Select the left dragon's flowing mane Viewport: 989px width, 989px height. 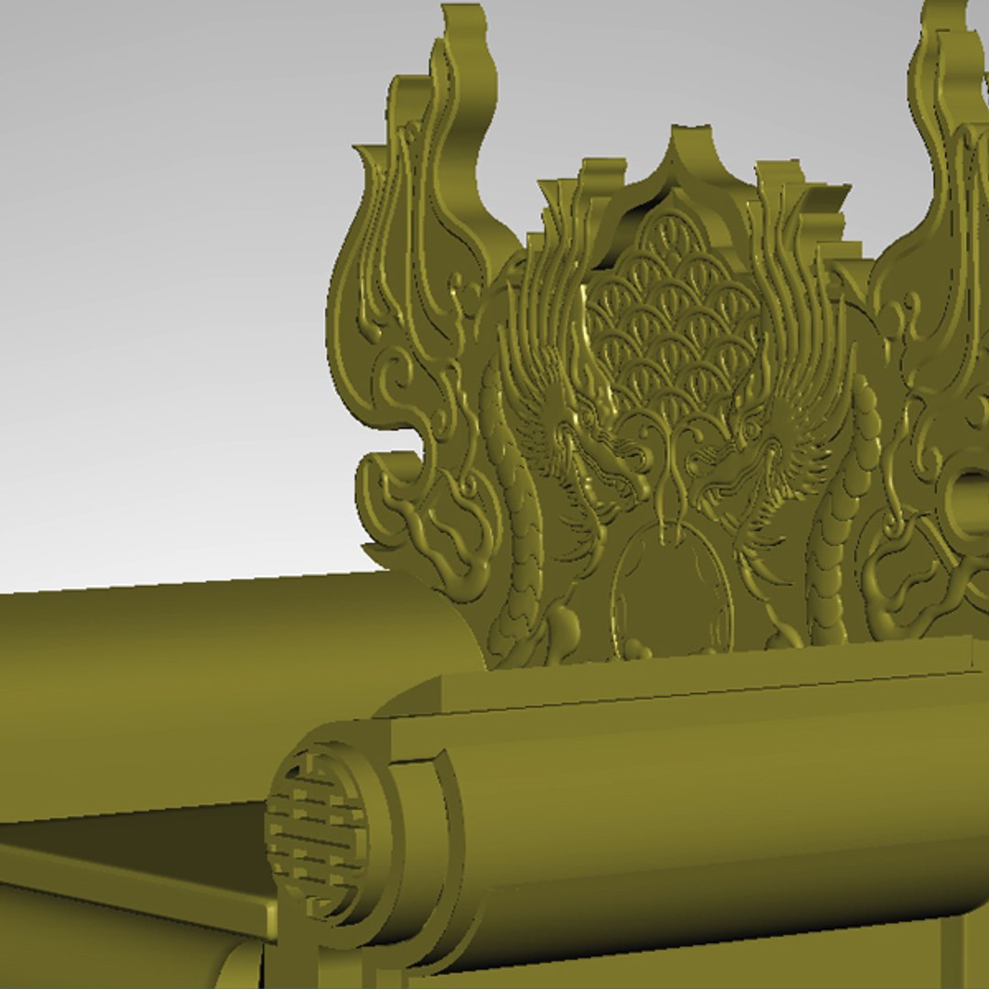540,366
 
